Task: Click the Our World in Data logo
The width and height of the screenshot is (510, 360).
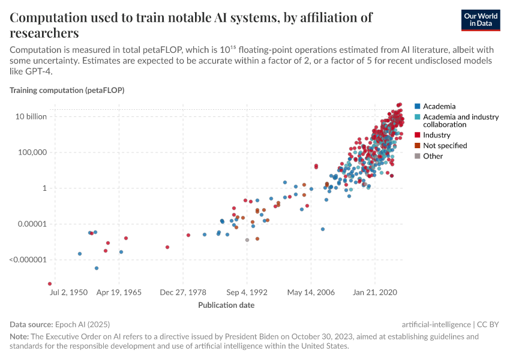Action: [x=481, y=20]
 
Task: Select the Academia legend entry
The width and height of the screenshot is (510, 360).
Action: [x=439, y=106]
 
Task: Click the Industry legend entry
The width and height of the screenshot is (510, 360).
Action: [x=436, y=135]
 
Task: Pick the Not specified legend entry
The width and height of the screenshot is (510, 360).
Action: [x=445, y=145]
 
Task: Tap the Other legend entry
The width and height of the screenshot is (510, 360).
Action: [x=433, y=156]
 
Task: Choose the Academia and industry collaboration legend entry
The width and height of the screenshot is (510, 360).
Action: [x=460, y=121]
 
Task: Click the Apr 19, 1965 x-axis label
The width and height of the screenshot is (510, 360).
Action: [x=118, y=292]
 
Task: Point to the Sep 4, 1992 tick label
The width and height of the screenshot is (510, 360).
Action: [x=247, y=292]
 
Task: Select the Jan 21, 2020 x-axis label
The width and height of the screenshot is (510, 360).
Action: [x=375, y=292]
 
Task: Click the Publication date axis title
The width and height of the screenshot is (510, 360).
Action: [x=226, y=305]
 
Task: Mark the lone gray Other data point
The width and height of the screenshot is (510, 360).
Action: [x=247, y=240]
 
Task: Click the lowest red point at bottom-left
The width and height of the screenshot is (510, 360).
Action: [x=50, y=284]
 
